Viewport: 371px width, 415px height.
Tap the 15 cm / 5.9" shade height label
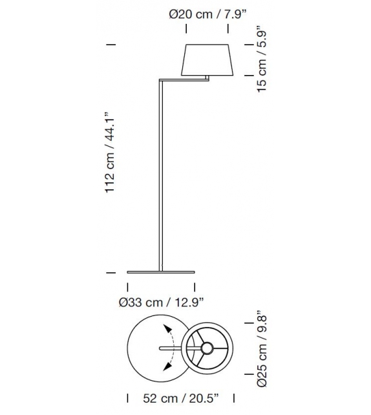[262, 59]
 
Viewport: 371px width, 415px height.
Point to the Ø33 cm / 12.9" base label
[161, 301]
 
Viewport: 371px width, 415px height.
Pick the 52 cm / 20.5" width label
[180, 399]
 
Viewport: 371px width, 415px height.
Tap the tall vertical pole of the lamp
[160, 175]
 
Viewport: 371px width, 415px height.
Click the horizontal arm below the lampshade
[184, 80]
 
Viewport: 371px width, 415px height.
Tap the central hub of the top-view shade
[206, 348]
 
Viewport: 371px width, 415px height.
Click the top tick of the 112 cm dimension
[111, 44]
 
